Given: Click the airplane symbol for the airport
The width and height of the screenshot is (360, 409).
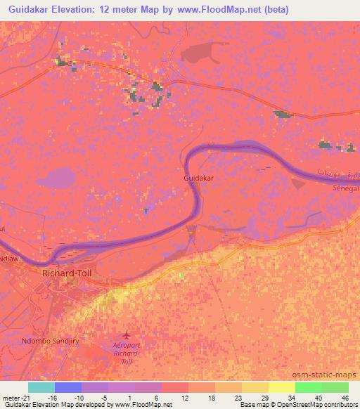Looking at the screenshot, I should pyautogui.click(x=127, y=335).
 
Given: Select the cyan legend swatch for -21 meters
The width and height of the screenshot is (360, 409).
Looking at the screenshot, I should pyautogui.click(x=41, y=387).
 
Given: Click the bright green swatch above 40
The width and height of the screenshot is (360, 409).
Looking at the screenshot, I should pyautogui.click(x=308, y=387).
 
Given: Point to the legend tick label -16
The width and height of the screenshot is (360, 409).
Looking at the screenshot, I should pyautogui.click(x=52, y=398).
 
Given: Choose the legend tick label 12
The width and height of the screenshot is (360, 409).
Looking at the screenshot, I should pyautogui.click(x=184, y=398).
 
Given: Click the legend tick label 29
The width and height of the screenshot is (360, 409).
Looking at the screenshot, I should pyautogui.click(x=264, y=398).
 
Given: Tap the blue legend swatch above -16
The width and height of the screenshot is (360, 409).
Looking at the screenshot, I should pyautogui.click(x=68, y=387).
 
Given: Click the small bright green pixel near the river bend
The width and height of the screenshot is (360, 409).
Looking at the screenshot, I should pyautogui.click(x=181, y=275).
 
